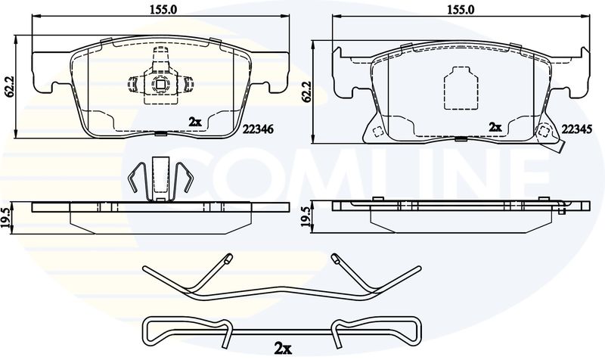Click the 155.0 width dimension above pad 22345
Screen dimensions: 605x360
[x=461, y=10]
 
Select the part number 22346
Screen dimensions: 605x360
[x=258, y=129]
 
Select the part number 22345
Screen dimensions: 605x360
[x=576, y=129]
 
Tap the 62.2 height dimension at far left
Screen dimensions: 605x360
[x=9, y=85]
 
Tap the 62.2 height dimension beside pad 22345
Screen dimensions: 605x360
[x=307, y=91]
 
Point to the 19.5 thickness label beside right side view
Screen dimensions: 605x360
[x=307, y=218]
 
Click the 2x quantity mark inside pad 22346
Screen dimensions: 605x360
[x=195, y=122]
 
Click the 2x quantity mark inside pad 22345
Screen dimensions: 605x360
[x=495, y=126]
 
